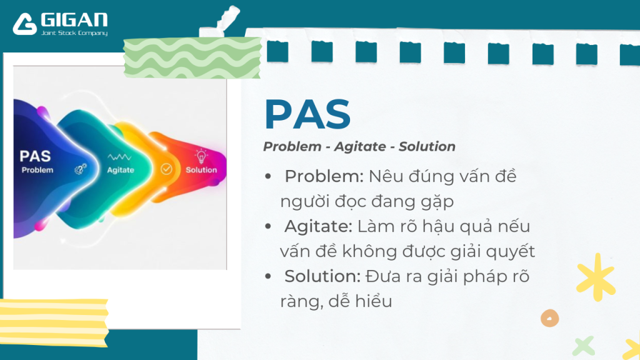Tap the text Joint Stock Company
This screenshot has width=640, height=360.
point(74,33)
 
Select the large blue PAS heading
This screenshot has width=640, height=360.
point(307,114)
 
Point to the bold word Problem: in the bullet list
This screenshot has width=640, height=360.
point(324,176)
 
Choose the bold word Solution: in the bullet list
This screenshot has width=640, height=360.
point(322,276)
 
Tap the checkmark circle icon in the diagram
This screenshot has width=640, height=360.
point(166,169)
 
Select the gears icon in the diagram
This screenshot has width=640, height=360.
point(80,169)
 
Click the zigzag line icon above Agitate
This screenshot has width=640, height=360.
point(119,157)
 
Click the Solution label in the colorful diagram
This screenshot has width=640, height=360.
point(201,170)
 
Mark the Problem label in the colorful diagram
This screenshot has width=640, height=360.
point(37,170)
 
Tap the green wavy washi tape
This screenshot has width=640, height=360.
point(192,58)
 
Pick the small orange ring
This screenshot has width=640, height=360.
point(549,317)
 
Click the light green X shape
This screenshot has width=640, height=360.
point(583,345)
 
